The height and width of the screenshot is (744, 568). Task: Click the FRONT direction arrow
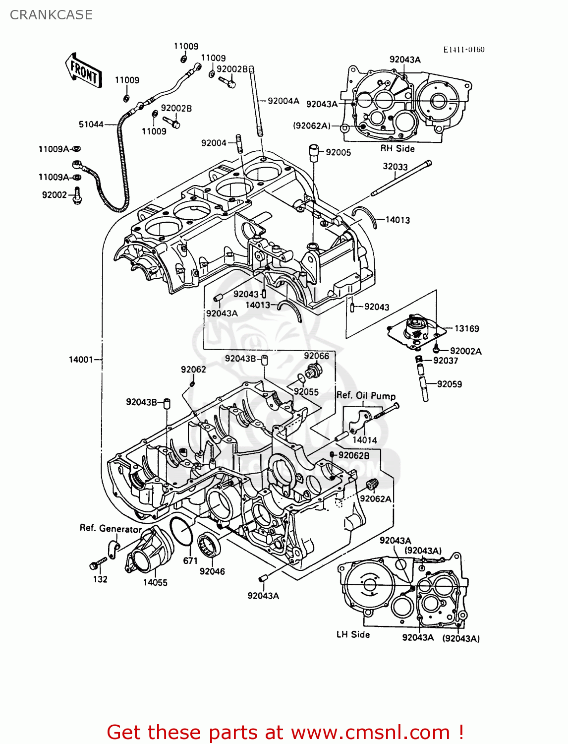tap(83, 71)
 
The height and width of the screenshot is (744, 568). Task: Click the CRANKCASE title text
tap(51, 15)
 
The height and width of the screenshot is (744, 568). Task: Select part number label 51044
tap(91, 124)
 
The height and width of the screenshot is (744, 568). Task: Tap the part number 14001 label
tap(81, 360)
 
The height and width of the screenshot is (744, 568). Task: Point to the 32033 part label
tap(395, 167)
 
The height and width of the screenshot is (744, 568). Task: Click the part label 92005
tap(339, 152)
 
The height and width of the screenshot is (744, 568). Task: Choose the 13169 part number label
tap(466, 328)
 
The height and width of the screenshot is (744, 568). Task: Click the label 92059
tap(449, 384)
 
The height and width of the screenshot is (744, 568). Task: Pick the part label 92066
tap(316, 356)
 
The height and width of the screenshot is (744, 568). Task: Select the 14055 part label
tap(155, 582)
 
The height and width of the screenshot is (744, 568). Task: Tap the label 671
tap(190, 560)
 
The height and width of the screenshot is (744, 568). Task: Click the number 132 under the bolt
tap(100, 579)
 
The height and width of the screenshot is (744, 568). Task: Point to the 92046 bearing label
tap(212, 571)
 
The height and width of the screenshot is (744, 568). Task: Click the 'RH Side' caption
tap(398, 148)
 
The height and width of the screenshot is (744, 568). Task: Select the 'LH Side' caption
tap(353, 634)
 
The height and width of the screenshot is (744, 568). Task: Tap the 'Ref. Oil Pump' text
tap(366, 395)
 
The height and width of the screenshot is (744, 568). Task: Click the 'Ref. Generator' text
tap(111, 528)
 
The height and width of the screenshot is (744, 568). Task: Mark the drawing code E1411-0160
tap(463, 50)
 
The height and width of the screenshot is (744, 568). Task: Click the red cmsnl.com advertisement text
tap(285, 732)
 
